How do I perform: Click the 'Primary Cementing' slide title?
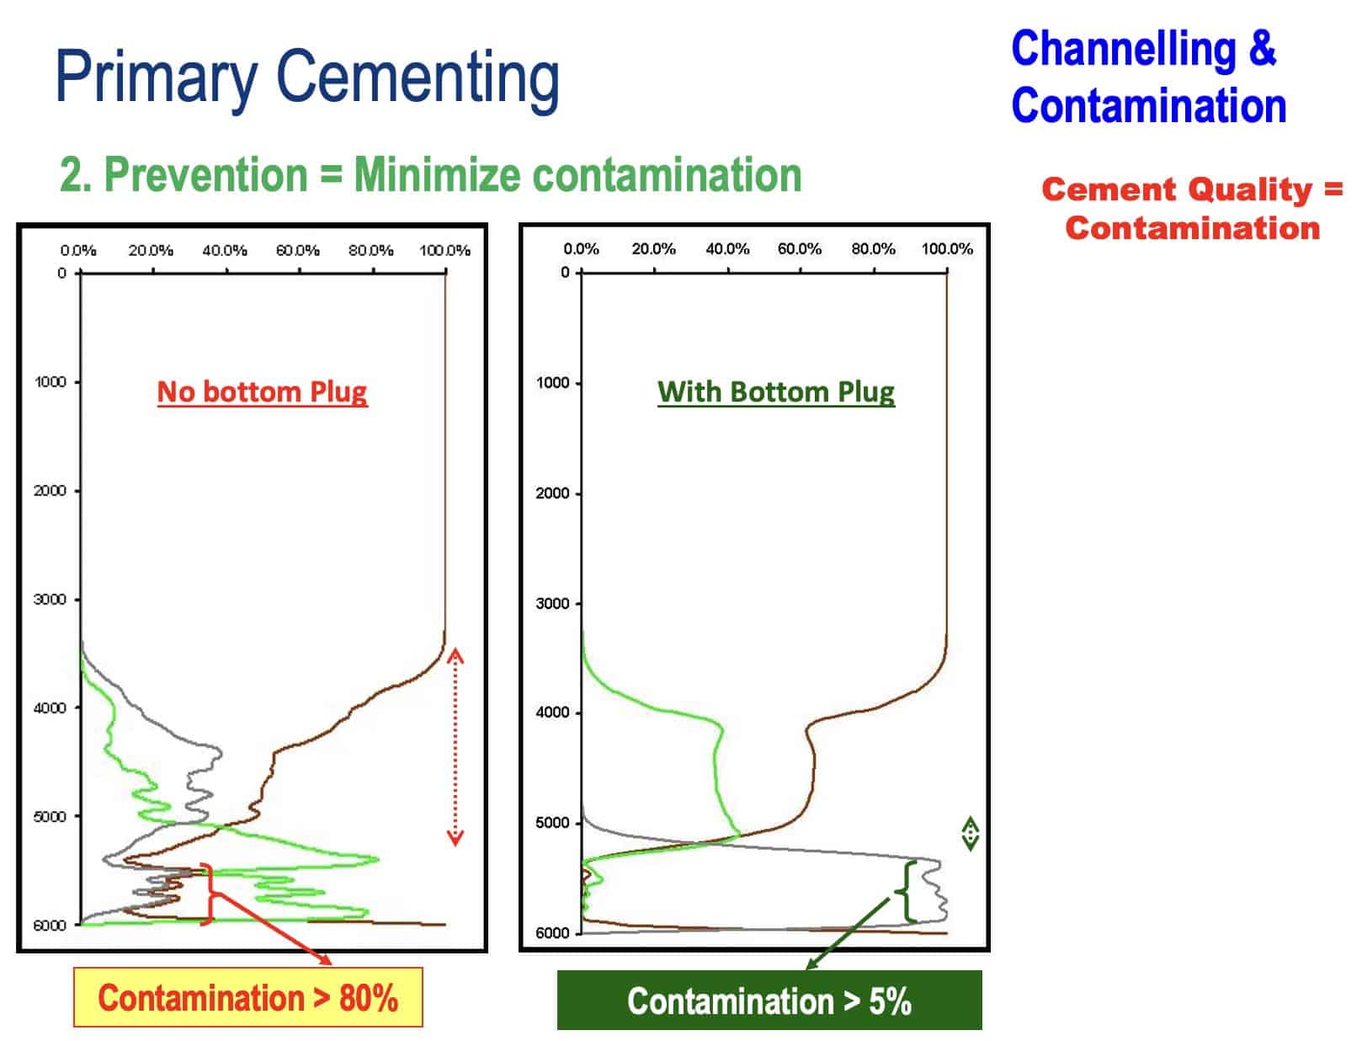click(x=307, y=77)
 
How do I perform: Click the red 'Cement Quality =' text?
click(x=1191, y=190)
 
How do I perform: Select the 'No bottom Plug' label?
click(x=262, y=392)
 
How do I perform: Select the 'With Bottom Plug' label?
click(x=775, y=392)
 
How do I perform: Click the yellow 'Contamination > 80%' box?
click(x=247, y=998)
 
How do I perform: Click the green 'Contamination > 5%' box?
click(x=769, y=1001)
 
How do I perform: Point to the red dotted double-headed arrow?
click(x=455, y=746)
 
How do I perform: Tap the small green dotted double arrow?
click(x=970, y=834)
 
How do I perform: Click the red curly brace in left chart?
click(x=208, y=894)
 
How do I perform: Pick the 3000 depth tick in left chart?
click(x=50, y=600)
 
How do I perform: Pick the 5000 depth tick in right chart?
click(x=552, y=823)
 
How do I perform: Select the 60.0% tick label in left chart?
click(x=298, y=250)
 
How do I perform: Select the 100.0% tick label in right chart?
click(x=947, y=248)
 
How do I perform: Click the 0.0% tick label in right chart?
click(x=581, y=248)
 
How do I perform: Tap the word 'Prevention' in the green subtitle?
click(x=205, y=175)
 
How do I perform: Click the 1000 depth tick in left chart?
click(x=50, y=382)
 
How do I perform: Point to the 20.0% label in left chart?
click(x=151, y=250)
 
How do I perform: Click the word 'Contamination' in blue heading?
click(x=1148, y=106)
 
